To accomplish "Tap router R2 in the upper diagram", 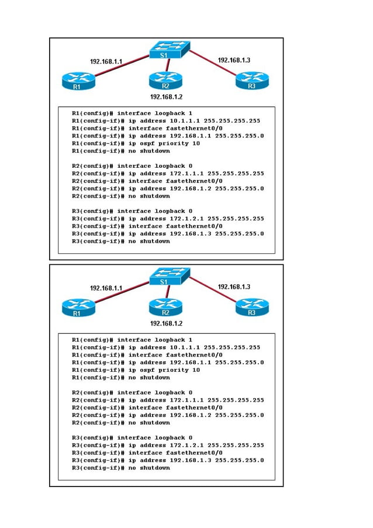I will click(165, 81).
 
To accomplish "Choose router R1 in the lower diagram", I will click(77, 308).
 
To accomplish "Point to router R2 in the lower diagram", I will click(165, 308).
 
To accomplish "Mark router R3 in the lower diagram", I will click(252, 308).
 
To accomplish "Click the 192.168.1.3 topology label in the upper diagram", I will click(234, 60).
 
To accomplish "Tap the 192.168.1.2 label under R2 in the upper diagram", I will click(167, 96).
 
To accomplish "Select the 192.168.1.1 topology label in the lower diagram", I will click(106, 288).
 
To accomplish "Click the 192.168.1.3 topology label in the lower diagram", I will click(234, 287).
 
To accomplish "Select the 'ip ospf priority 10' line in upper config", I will click(164, 143).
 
